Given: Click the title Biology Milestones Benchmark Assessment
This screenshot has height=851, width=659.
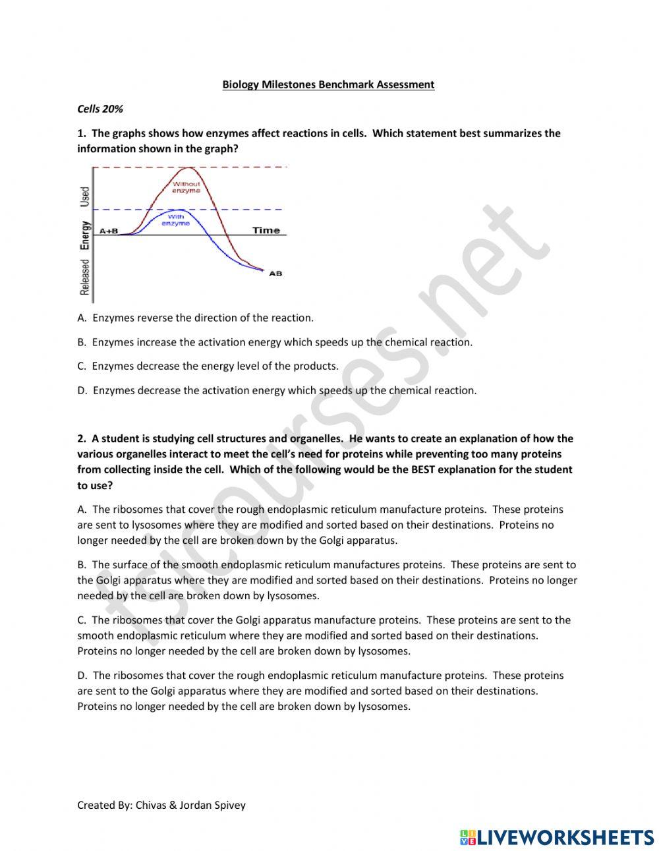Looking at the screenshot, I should (x=328, y=84).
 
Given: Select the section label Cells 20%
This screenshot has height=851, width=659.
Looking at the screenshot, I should (x=100, y=109).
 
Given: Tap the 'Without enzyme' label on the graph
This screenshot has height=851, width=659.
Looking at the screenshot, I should (x=186, y=187).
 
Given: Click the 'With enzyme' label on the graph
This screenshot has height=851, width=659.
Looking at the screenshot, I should (x=176, y=220).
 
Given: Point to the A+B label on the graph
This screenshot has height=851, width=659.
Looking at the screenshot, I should (x=109, y=231).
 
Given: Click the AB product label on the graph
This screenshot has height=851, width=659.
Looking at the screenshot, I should (x=275, y=274).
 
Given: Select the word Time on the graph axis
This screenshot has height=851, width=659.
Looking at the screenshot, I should (x=266, y=230).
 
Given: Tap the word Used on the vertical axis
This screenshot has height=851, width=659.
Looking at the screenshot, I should (x=84, y=196).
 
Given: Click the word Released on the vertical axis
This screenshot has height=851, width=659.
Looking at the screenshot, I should (x=84, y=277).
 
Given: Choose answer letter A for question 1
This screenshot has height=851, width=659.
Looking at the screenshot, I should (x=82, y=318).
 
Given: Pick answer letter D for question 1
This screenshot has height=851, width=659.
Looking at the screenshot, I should (x=82, y=390).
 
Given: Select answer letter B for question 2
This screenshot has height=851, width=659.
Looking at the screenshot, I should (x=82, y=565).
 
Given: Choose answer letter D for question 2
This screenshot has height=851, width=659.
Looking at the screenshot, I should (x=82, y=676).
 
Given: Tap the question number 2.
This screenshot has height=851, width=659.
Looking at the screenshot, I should (x=81, y=439).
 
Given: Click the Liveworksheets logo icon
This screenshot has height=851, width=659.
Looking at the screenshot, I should (x=468, y=837).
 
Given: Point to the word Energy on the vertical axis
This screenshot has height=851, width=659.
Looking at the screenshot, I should (x=84, y=235).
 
